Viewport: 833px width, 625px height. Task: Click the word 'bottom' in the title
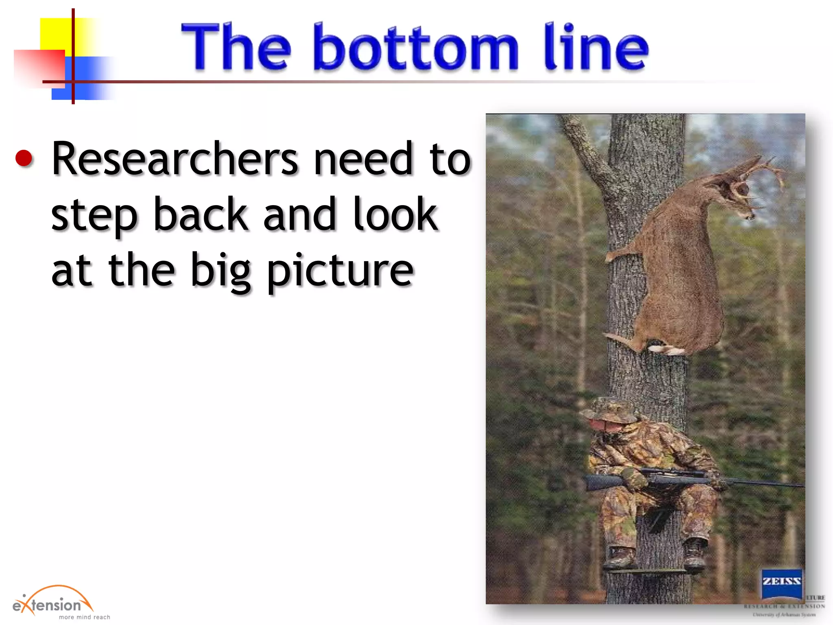(x=415, y=48)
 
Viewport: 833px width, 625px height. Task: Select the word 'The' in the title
(x=236, y=47)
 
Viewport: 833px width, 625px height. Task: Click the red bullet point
(x=24, y=158)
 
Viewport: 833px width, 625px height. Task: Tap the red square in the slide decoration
(x=39, y=67)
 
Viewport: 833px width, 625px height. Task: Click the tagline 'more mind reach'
(x=84, y=617)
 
